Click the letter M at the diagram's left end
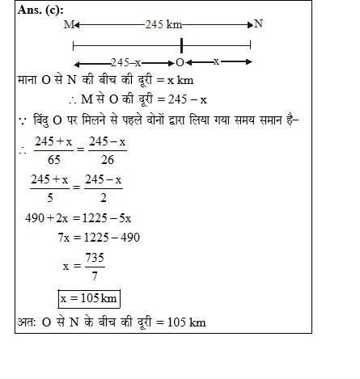click(68, 25)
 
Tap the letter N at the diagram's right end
click(258, 24)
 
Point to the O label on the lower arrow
click(180, 62)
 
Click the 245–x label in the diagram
click(126, 62)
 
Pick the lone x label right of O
click(216, 61)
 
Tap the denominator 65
click(53, 160)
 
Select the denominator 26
click(108, 160)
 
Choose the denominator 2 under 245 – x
click(103, 194)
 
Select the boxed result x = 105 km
click(89, 299)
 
